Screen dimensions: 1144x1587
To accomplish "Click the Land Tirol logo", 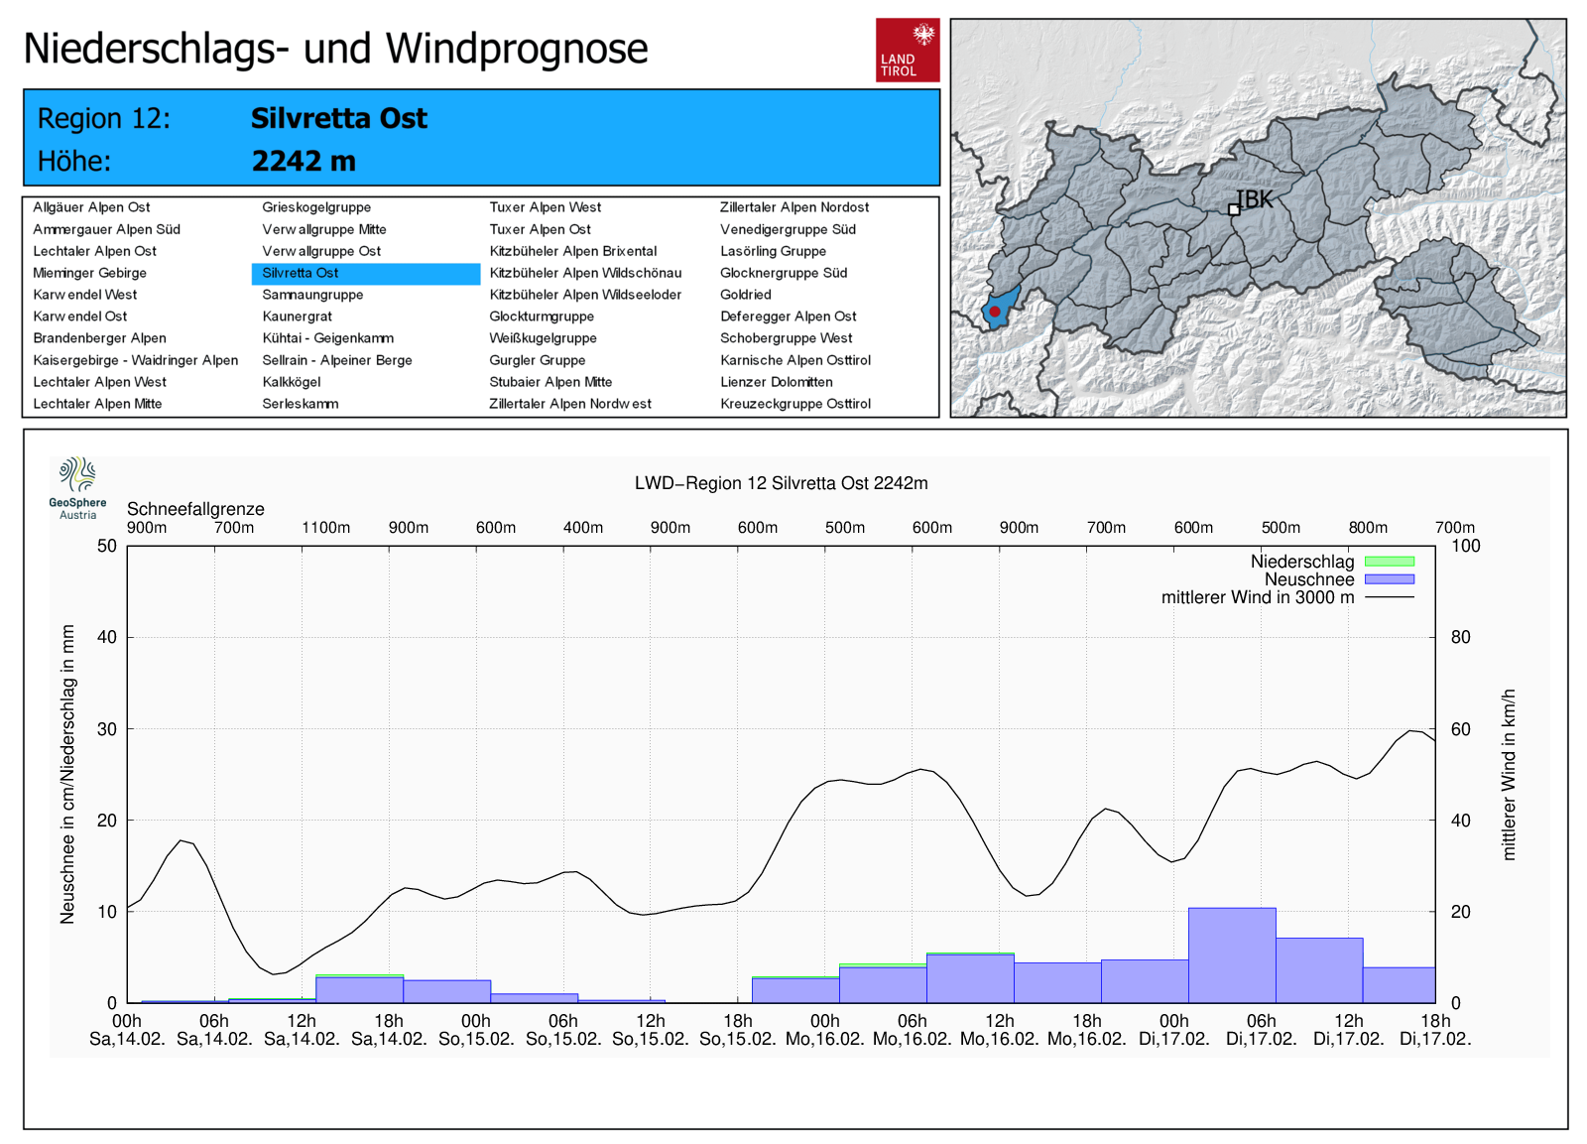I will point(907,50).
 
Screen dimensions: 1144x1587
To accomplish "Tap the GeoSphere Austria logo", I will point(77,487).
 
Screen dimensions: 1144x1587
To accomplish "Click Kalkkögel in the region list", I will point(292,382).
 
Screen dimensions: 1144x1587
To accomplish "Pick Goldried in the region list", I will point(746,295).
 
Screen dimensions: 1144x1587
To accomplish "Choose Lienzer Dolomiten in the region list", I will point(777,382).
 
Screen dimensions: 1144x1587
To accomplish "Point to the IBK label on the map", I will point(1255,199).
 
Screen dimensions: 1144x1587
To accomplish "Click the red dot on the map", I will point(995,312).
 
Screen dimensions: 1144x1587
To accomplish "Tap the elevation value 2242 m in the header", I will point(304,161).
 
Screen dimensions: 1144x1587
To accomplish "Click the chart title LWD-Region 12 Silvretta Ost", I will point(782,483).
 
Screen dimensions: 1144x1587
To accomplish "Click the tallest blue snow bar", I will point(1232,954).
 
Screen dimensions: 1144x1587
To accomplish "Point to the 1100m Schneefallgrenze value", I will point(325,528).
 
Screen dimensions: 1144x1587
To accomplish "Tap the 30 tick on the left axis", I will point(107,729).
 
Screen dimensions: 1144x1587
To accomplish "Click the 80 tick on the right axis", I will point(1460,637).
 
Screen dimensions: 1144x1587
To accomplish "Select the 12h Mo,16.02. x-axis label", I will point(999,1030).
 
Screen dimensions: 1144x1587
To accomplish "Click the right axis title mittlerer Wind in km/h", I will point(1509,774).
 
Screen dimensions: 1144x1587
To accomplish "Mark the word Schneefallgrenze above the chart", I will point(195,509).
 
